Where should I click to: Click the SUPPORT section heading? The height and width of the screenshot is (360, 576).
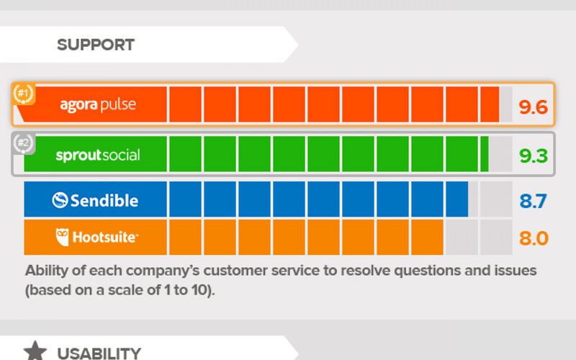click(x=96, y=45)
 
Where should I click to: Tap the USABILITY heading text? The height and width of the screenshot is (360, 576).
click(x=99, y=354)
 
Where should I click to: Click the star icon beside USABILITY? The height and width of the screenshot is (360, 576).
click(x=35, y=351)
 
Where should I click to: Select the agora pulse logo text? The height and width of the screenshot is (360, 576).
click(x=98, y=105)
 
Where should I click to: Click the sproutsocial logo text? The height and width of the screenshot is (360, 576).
click(x=98, y=156)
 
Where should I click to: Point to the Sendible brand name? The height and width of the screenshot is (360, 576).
click(x=104, y=201)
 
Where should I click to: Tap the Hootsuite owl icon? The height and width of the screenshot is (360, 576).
click(x=62, y=237)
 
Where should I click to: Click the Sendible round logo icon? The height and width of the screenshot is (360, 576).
click(x=60, y=200)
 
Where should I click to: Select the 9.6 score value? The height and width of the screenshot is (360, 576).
click(x=534, y=107)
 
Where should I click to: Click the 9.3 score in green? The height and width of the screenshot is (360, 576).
click(x=534, y=156)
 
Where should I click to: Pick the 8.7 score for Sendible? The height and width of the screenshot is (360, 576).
click(x=534, y=201)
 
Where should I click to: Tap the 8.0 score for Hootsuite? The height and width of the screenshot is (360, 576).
click(x=534, y=238)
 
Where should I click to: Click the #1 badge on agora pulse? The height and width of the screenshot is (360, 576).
click(x=23, y=94)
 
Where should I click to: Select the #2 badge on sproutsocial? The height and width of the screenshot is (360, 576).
click(x=24, y=143)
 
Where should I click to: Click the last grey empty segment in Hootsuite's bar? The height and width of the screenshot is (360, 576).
click(x=496, y=237)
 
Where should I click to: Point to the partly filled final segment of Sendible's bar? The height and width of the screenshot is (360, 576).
click(x=462, y=199)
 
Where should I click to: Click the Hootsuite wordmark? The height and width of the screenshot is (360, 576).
click(x=105, y=238)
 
